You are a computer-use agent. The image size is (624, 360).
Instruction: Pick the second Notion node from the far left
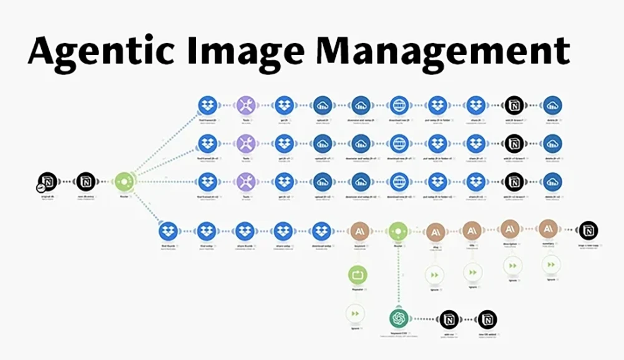(86, 182)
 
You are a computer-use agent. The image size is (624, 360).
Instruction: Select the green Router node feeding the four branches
(124, 182)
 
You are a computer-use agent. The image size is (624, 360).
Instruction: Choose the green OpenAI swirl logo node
(397, 319)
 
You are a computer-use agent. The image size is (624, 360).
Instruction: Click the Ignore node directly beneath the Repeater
(356, 313)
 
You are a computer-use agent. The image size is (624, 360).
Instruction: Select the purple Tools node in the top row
(245, 105)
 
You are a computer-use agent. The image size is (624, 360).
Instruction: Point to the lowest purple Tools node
(245, 182)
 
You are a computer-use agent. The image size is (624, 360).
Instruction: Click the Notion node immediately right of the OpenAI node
(449, 319)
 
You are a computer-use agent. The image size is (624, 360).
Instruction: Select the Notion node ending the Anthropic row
(587, 230)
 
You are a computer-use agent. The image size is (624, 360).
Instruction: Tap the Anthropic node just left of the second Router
(359, 231)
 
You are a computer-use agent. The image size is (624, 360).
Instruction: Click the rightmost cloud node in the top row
(552, 105)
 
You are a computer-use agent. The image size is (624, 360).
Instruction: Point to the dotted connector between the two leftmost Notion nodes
(67, 182)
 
